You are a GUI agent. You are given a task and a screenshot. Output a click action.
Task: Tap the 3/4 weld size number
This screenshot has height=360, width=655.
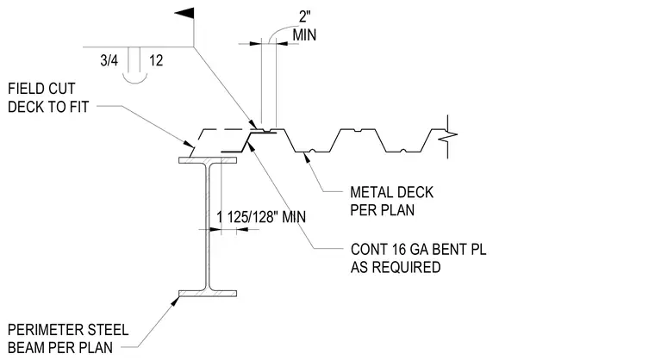109,60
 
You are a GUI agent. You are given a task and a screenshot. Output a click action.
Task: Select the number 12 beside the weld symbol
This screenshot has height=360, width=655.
156,60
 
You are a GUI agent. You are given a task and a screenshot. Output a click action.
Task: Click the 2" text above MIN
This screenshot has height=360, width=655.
305,16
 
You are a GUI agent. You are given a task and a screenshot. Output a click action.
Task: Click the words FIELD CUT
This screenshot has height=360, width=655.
41,89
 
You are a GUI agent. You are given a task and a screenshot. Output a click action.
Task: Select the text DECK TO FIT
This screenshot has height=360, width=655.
48,107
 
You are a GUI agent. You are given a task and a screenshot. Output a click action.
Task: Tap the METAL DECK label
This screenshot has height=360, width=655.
392,192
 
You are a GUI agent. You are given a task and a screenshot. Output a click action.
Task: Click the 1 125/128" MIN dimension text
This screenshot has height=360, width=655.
261,217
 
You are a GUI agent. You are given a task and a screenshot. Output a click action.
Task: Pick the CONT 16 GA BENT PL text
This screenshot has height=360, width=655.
419,249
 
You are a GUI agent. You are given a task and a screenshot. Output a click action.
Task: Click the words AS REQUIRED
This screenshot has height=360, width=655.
396,267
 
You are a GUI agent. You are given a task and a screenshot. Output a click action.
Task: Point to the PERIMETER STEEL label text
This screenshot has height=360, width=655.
68,330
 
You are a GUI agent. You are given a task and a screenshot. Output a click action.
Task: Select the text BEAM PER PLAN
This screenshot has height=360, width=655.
60,347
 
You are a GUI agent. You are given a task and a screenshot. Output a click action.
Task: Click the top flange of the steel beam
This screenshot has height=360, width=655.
208,160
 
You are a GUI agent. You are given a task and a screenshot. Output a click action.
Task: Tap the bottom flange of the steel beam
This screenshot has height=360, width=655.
208,294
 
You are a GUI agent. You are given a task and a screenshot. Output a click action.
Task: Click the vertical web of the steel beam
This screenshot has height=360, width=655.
208,227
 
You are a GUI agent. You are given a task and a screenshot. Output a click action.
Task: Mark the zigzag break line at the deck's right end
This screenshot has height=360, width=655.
449,136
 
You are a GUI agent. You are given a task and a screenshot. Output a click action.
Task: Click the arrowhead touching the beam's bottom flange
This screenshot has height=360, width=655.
176,300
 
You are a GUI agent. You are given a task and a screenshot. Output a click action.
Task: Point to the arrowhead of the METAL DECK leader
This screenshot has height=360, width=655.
308,157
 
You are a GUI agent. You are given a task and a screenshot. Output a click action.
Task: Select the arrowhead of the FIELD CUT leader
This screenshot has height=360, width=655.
190,144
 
